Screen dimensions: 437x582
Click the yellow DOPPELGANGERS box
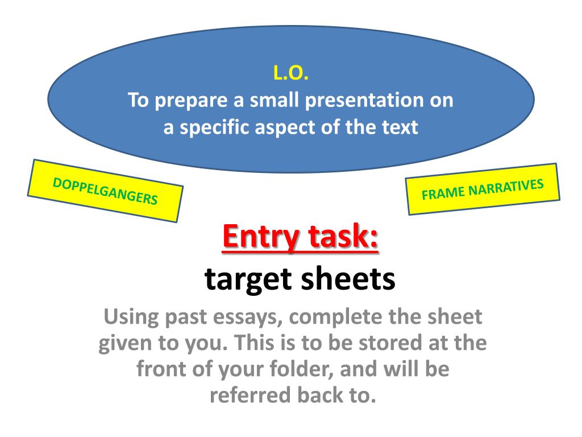point(105,191)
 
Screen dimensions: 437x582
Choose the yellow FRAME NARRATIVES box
point(483,189)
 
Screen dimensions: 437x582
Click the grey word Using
point(129,316)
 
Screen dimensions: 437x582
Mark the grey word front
point(164,369)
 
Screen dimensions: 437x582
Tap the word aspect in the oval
point(292,128)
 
